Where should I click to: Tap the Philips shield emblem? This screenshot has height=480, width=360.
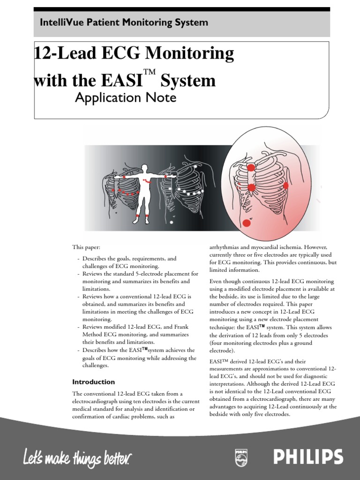click(241, 457)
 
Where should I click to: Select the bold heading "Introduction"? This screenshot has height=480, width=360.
click(93, 382)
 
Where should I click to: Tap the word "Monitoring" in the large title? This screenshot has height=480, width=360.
click(190, 54)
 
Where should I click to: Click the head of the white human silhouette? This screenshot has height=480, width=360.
click(145, 168)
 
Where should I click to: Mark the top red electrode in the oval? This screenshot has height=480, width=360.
click(251, 167)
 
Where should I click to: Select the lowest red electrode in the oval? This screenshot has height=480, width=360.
click(247, 223)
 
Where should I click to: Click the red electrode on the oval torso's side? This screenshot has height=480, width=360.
click(286, 186)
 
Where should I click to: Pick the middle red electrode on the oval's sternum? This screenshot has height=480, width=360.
click(251, 187)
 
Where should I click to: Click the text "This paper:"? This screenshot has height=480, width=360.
click(86, 247)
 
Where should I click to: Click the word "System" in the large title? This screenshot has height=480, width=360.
click(188, 81)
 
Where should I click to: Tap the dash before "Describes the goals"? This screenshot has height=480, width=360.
click(78, 258)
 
